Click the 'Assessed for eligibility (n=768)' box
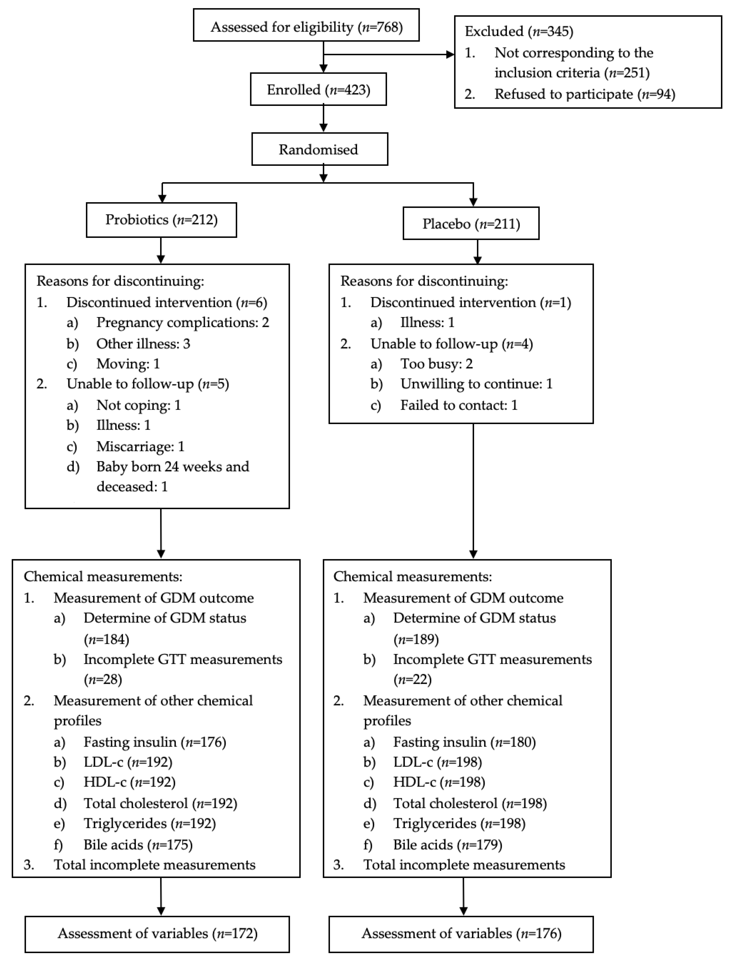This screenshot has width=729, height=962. pyautogui.click(x=306, y=27)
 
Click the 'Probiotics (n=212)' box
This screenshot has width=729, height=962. pyautogui.click(x=161, y=220)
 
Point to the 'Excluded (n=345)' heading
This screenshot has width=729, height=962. pyautogui.click(x=518, y=31)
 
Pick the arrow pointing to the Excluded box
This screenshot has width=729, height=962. pyautogui.click(x=387, y=54)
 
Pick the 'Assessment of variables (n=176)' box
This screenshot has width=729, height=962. pyautogui.click(x=461, y=934)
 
